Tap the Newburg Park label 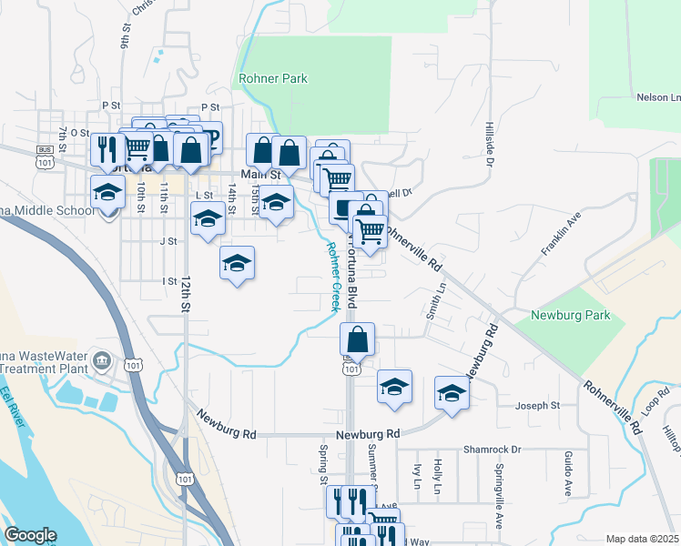pyautogui.click(x=570, y=317)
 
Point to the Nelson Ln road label pyautogui.click(x=659, y=97)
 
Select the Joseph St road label pyautogui.click(x=537, y=405)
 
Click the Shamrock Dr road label pyautogui.click(x=491, y=450)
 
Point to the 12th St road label pyautogui.click(x=185, y=295)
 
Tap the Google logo pyautogui.click(x=30, y=535)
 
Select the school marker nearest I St pyautogui.click(x=237, y=264)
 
